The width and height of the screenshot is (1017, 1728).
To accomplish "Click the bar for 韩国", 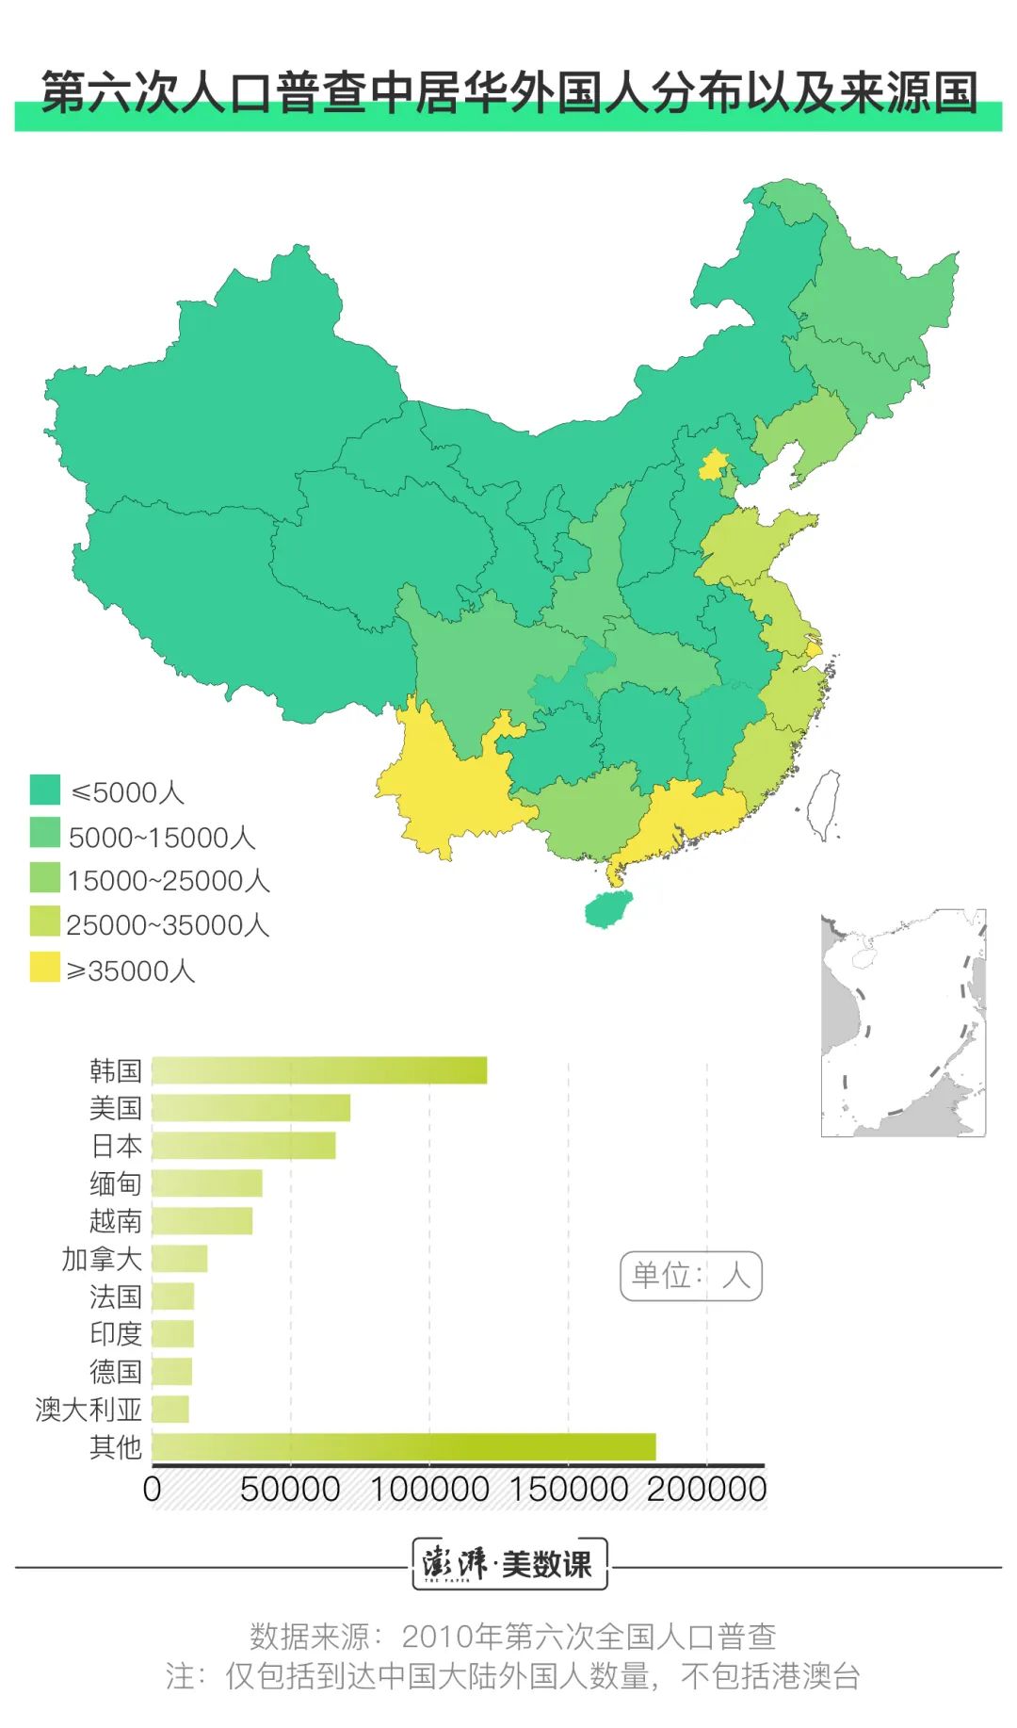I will pyautogui.click(x=319, y=1070).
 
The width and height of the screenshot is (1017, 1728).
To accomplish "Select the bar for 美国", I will pyautogui.click(x=250, y=1108).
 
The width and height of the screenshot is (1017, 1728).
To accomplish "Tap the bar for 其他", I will pyautogui.click(x=403, y=1446).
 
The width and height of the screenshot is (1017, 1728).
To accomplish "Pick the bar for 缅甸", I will pyautogui.click(x=207, y=1183).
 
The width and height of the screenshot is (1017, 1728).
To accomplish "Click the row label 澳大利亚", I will pyautogui.click(x=89, y=1410).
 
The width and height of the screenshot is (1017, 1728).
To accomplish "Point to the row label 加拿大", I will pyautogui.click(x=102, y=1259).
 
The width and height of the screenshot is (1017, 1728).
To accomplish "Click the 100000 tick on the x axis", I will pyautogui.click(x=429, y=1490).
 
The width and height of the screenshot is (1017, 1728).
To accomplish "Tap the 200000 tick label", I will pyautogui.click(x=706, y=1490).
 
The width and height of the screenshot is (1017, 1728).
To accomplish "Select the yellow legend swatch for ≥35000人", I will pyautogui.click(x=44, y=968).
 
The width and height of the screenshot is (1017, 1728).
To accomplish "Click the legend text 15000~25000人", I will pyautogui.click(x=168, y=881).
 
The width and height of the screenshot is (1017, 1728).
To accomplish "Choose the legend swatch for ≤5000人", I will pyautogui.click(x=44, y=790).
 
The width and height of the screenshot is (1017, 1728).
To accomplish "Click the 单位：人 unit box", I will pyautogui.click(x=690, y=1276).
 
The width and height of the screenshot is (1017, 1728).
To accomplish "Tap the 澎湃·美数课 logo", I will pyautogui.click(x=509, y=1564).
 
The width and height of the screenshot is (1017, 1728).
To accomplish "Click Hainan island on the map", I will pyautogui.click(x=607, y=910).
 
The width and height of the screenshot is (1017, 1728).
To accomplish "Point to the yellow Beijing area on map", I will pyautogui.click(x=713, y=465).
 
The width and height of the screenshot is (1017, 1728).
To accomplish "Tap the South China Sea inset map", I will pyautogui.click(x=903, y=1023).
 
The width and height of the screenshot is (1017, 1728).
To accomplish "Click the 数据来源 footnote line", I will pyautogui.click(x=512, y=1637).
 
